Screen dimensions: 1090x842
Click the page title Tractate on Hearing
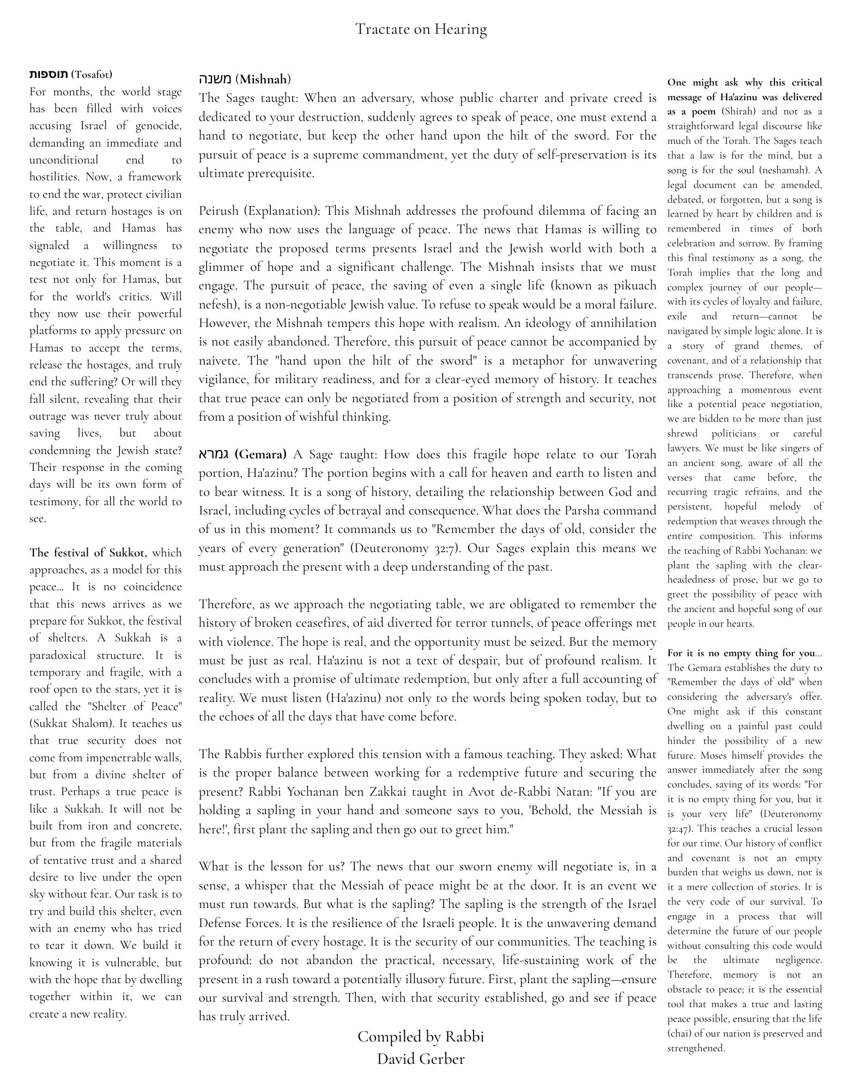point(421,29)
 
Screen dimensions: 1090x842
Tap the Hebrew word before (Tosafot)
point(49,74)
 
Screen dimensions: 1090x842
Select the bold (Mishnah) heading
point(263,79)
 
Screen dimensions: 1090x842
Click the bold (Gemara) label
point(261,454)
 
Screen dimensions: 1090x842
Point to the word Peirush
point(219,211)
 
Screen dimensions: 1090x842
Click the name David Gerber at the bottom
point(420,1059)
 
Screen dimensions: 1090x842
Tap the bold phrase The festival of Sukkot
point(87,553)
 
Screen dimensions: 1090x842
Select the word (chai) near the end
point(679,1033)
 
